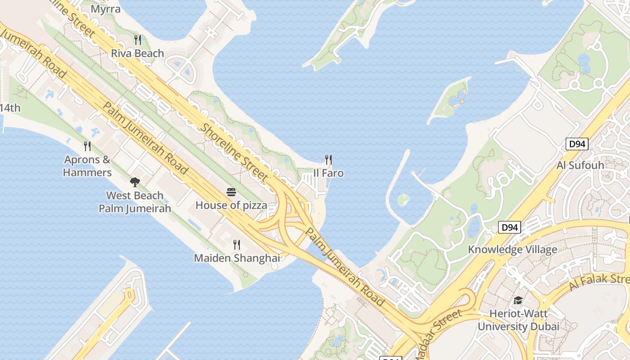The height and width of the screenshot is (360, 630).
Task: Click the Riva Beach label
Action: coord(137,54)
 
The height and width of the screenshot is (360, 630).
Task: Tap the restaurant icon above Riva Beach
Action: coord(138,40)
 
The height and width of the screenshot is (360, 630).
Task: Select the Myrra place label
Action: coord(106,9)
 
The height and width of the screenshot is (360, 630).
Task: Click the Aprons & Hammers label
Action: coord(87,166)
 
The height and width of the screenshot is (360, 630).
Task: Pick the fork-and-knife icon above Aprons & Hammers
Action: coord(87,146)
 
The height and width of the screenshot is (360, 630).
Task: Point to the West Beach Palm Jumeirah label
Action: coord(135,202)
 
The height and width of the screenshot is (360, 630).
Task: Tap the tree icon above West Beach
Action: coord(135,182)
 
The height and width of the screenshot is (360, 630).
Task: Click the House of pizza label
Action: coord(231,205)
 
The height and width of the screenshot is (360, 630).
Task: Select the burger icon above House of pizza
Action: coord(231,193)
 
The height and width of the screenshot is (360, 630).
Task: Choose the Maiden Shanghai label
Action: coord(237,258)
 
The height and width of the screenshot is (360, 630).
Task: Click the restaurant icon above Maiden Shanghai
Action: coord(237,244)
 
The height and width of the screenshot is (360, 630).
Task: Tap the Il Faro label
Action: coord(328,173)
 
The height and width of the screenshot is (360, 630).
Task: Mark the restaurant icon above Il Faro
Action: coord(328,159)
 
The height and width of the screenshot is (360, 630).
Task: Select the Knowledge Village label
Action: coord(513,249)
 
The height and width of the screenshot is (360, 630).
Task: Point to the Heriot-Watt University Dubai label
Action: coord(518,319)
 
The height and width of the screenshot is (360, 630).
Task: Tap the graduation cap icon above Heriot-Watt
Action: coord(518,300)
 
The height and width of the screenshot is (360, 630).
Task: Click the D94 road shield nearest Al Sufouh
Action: coord(577,144)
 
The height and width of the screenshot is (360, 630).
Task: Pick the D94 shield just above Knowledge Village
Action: coord(509,228)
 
